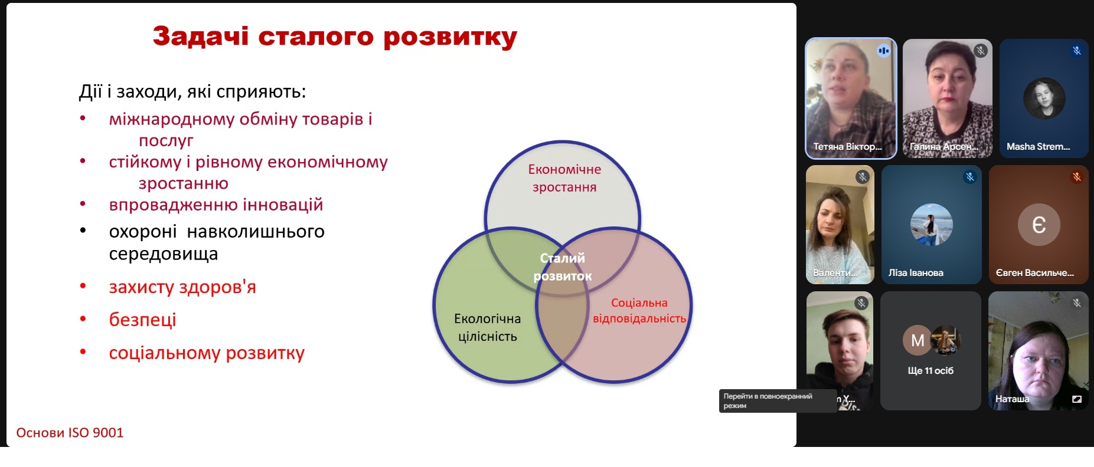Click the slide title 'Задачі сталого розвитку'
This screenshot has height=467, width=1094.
(x=335, y=37)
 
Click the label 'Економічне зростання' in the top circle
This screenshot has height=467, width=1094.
(x=564, y=178)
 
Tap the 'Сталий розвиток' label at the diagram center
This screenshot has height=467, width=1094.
(x=563, y=267)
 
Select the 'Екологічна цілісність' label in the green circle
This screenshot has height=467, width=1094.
(x=488, y=327)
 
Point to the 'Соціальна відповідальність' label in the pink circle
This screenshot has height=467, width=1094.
(x=639, y=311)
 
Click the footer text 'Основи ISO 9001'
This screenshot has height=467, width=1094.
(x=70, y=433)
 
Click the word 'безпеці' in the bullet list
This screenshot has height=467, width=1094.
(x=142, y=320)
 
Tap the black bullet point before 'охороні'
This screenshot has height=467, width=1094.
(x=83, y=231)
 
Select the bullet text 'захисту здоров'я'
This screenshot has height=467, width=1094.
(x=182, y=287)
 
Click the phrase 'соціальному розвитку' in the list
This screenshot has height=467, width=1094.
(x=207, y=353)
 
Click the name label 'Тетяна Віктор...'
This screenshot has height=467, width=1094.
(x=847, y=147)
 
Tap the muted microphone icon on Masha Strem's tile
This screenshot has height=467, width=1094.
(x=1077, y=51)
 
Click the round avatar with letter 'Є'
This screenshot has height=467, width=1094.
(x=1039, y=225)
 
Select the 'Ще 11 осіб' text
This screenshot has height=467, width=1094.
(x=930, y=371)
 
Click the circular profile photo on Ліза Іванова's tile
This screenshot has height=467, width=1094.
(x=932, y=225)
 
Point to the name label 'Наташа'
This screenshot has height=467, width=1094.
(x=1012, y=399)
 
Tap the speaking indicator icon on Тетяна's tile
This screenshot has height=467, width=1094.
(x=883, y=51)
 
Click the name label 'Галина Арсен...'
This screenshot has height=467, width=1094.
(x=944, y=147)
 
